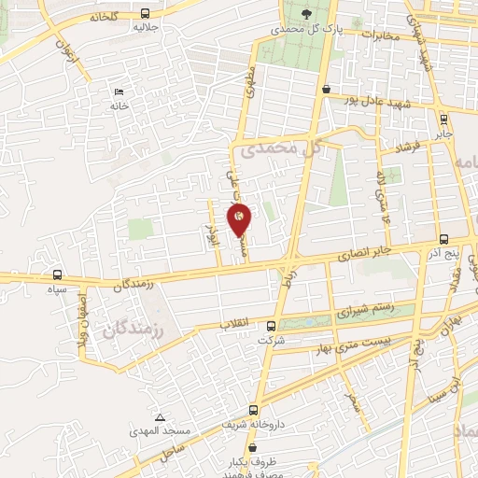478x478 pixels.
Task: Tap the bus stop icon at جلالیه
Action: [x=144, y=14]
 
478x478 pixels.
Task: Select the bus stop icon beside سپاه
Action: [x=59, y=275]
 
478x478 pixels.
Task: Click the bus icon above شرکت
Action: [x=271, y=326]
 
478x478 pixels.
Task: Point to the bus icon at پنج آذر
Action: [x=444, y=239]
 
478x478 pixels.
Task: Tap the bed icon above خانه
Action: [x=118, y=91]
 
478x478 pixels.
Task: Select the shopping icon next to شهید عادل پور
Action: [x=326, y=90]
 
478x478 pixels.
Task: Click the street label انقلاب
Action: [x=234, y=323]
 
